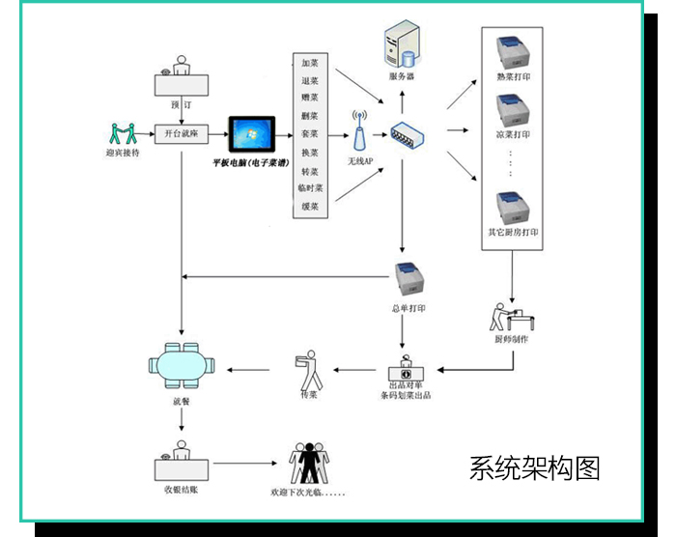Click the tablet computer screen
(x=251, y=135)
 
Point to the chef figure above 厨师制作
(x=510, y=313)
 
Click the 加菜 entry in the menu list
(x=310, y=63)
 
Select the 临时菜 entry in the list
(x=310, y=188)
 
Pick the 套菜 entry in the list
(x=310, y=134)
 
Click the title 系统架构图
(x=535, y=468)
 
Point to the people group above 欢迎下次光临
(x=309, y=465)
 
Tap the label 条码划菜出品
(x=407, y=395)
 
